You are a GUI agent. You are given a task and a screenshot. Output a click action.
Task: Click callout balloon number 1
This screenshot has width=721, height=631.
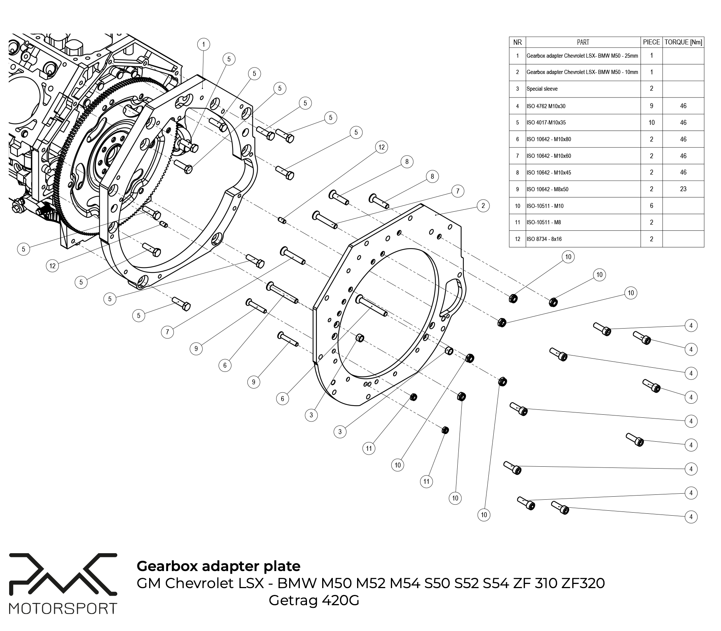tap(204, 44)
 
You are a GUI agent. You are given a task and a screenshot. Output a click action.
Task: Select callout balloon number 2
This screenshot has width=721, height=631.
tap(483, 206)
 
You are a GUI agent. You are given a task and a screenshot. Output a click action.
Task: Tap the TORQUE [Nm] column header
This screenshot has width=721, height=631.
tap(683, 42)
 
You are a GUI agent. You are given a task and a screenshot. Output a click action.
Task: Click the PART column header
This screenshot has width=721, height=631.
tap(583, 42)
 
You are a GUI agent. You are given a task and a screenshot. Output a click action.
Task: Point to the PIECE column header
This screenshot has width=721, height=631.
tap(651, 42)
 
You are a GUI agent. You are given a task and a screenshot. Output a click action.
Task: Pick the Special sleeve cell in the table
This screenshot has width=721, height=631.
tap(542, 89)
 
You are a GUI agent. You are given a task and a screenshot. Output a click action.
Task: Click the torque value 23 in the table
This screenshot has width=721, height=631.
tap(683, 189)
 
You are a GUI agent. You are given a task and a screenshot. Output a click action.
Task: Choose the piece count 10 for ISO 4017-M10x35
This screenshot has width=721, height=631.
tap(651, 123)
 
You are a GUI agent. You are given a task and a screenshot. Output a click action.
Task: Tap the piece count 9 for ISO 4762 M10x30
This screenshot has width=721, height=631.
tap(651, 106)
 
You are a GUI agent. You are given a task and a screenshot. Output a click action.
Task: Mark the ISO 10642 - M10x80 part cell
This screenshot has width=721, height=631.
tap(548, 139)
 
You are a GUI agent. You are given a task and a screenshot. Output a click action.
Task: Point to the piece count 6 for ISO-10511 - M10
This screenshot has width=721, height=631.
tap(651, 206)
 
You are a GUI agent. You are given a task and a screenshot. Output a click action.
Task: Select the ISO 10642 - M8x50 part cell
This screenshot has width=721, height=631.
tap(547, 189)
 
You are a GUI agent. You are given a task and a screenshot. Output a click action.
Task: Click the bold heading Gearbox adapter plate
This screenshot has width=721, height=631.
tap(218, 566)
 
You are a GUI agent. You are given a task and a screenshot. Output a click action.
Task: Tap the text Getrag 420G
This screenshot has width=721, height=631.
tap(314, 601)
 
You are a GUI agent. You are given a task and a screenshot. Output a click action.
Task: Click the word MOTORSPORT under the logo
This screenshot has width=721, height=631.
tap(63, 609)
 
